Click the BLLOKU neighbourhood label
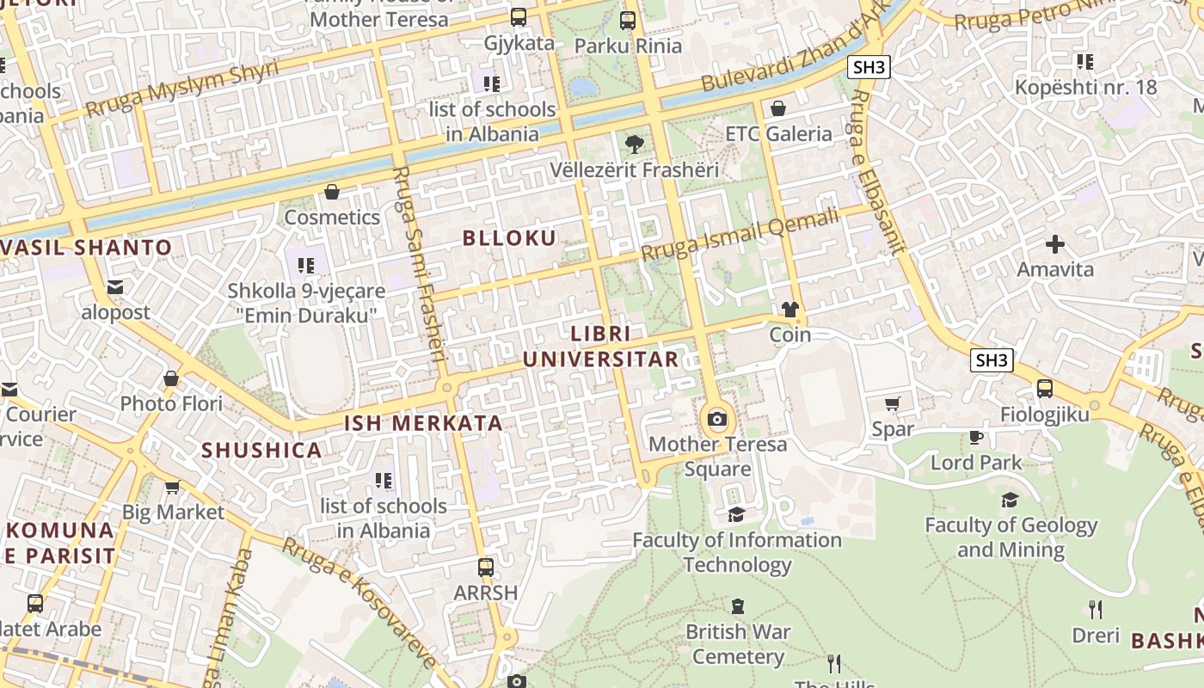(x=510, y=238)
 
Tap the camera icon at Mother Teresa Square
(x=716, y=420)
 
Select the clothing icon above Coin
(x=790, y=309)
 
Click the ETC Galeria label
(x=778, y=133)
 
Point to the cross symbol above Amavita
(x=1055, y=244)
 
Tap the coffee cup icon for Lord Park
(x=975, y=437)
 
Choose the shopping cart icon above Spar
(x=893, y=403)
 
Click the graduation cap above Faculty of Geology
(x=1010, y=500)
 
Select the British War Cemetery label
(x=737, y=644)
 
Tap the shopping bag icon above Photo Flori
(x=171, y=378)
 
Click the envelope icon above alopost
(x=115, y=287)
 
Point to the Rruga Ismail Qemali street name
(x=739, y=235)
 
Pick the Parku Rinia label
(x=628, y=46)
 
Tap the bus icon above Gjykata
(x=519, y=17)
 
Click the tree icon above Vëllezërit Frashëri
(x=635, y=144)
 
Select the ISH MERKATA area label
(x=423, y=423)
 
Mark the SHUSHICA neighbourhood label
(x=261, y=450)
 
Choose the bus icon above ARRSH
(x=486, y=568)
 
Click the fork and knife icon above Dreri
(x=1096, y=610)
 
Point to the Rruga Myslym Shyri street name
(x=182, y=89)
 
